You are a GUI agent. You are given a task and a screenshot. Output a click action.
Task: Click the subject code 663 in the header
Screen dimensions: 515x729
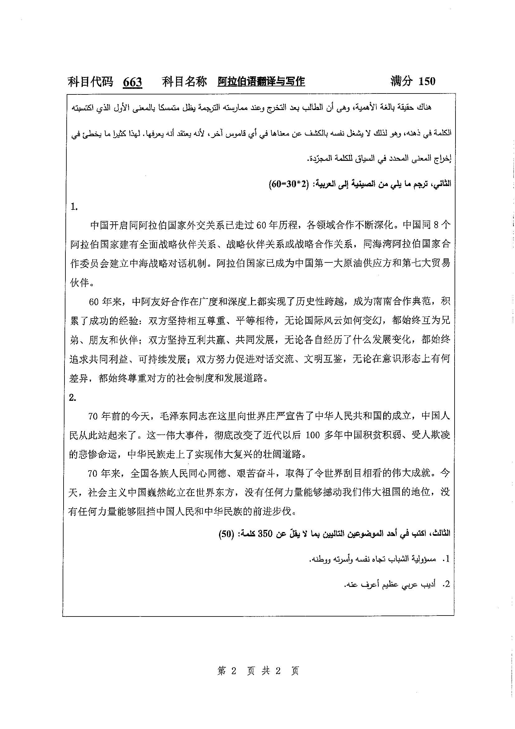tap(132, 82)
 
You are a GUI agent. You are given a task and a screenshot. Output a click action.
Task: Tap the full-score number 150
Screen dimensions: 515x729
tap(427, 81)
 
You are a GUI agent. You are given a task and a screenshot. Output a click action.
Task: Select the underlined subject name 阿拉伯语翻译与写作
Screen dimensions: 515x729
tap(261, 82)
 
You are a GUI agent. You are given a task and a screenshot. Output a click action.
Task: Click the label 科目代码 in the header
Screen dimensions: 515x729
tap(90, 82)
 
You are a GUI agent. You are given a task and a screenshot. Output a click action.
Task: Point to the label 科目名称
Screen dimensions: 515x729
tap(184, 82)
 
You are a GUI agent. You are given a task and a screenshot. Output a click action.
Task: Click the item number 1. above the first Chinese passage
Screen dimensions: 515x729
tap(74, 207)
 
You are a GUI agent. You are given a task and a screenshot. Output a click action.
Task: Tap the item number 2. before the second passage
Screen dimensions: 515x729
tap(73, 398)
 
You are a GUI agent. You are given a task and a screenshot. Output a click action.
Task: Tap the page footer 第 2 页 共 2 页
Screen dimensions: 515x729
tap(258, 671)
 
